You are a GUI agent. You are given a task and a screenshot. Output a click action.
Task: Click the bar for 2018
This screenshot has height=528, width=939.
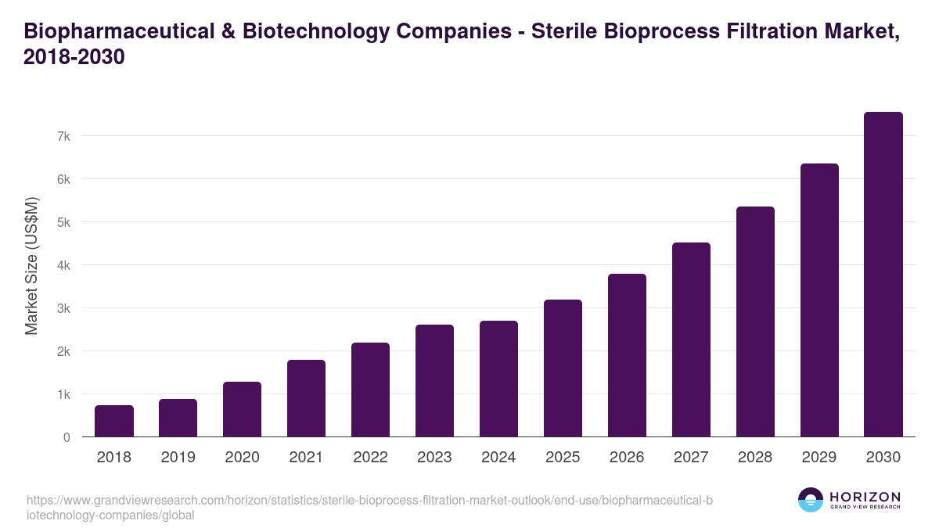(114, 421)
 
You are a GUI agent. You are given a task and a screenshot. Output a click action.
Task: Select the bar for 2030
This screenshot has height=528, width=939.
(883, 275)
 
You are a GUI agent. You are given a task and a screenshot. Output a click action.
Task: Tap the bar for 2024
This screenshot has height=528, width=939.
(498, 379)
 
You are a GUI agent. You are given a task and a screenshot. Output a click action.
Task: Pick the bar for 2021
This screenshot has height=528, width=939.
(306, 398)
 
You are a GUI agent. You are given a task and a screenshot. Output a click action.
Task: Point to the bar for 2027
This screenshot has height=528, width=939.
(691, 339)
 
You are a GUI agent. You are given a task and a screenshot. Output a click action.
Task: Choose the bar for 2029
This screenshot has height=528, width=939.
(819, 300)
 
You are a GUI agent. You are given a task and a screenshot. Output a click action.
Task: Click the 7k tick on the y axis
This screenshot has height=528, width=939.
(63, 136)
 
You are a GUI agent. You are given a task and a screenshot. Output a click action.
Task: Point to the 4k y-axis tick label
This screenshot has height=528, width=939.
(63, 265)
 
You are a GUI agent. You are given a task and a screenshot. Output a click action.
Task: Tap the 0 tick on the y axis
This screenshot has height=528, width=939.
(67, 437)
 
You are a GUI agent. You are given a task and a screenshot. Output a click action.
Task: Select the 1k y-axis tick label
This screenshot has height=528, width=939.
(63, 394)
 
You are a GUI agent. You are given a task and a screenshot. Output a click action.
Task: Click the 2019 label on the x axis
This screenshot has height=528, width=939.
(178, 458)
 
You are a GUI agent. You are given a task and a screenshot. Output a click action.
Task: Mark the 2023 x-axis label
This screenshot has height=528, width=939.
(434, 458)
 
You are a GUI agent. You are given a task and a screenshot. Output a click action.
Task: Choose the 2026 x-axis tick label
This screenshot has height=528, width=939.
(627, 458)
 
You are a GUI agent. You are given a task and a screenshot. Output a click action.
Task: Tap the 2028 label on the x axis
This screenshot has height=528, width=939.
(755, 458)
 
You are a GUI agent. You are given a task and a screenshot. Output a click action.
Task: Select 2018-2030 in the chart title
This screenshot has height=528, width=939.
(75, 58)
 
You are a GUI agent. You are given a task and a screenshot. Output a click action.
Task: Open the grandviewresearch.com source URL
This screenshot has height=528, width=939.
(369, 508)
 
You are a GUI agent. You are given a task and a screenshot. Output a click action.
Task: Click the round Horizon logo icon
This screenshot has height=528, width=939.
(811, 500)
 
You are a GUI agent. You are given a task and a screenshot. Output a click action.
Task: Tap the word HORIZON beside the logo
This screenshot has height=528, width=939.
(865, 497)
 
